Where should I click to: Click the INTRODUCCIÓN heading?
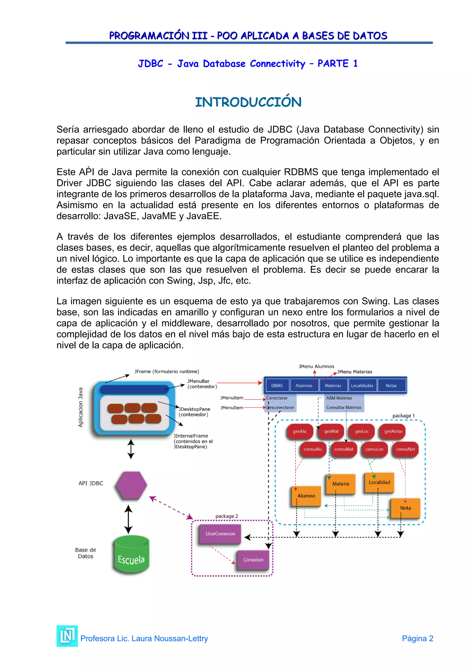pyautogui.click(x=248, y=102)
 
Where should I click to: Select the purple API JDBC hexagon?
pyautogui.click(x=131, y=485)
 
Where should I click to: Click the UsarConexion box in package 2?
pyautogui.click(x=220, y=534)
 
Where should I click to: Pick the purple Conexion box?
pyautogui.click(x=253, y=560)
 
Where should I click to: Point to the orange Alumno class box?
pyautogui.click(x=306, y=496)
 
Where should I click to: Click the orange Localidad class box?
pyautogui.click(x=379, y=482)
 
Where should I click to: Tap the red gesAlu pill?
pyautogui.click(x=299, y=431)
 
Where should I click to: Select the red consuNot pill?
pyautogui.click(x=405, y=449)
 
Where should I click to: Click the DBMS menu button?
pyautogui.click(x=277, y=386)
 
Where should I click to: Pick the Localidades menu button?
pyautogui.click(x=362, y=386)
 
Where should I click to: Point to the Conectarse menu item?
pyautogui.click(x=277, y=398)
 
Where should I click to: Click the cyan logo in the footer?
pyautogui.click(x=67, y=636)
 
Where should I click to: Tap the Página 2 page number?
pyautogui.click(x=417, y=639)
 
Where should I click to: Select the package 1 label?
pyautogui.click(x=403, y=416)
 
